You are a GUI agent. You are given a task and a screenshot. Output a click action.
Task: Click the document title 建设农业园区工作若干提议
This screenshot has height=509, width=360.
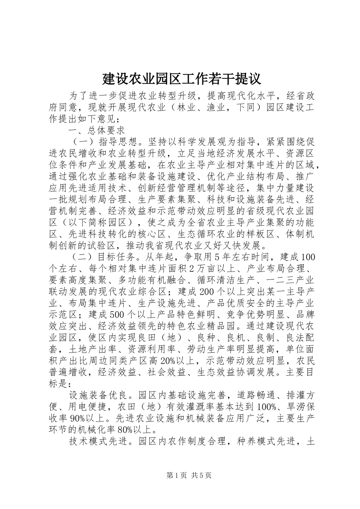182,79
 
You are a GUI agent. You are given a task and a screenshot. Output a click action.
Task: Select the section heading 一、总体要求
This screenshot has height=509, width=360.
97,131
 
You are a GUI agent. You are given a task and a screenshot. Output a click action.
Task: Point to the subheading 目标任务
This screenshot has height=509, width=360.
116,257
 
